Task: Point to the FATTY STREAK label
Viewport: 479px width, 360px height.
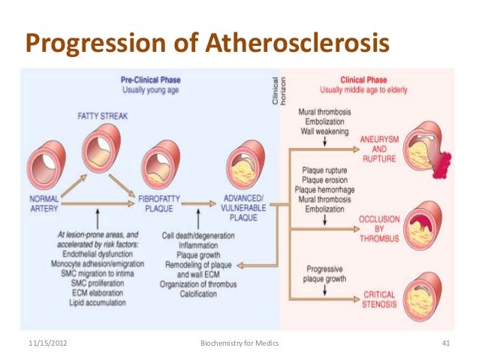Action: point(100,116)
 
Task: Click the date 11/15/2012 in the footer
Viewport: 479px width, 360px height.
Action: point(47,344)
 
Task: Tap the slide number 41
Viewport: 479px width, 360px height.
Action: point(446,344)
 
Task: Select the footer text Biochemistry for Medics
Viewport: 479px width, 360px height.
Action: point(239,344)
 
